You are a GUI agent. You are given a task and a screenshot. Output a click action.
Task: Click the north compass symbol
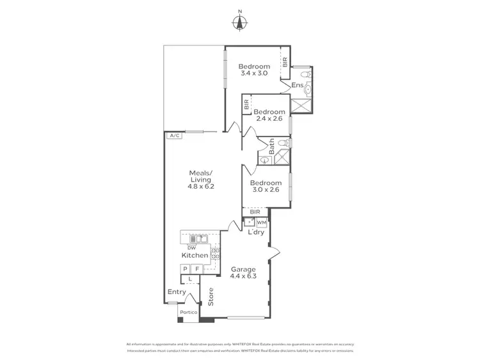(239, 22)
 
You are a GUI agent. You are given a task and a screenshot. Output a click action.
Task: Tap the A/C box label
(173, 136)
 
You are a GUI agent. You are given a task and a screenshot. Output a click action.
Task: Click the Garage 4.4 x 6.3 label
(243, 273)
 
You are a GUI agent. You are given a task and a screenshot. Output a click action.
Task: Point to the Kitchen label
(195, 255)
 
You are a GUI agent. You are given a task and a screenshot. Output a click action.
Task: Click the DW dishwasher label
(191, 247)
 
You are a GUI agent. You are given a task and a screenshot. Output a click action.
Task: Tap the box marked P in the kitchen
(186, 270)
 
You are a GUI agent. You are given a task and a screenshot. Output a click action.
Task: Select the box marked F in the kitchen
(197, 270)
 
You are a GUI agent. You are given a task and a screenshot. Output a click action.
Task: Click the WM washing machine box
(261, 223)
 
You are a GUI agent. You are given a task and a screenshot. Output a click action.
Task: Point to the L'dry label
(256, 232)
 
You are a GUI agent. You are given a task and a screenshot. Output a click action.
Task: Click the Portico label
(188, 312)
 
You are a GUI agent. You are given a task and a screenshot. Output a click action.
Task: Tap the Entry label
(177, 292)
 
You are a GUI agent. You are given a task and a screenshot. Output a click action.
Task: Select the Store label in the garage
(210, 297)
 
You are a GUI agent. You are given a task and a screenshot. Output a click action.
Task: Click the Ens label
(297, 85)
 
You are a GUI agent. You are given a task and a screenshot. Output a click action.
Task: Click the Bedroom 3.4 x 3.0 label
(253, 70)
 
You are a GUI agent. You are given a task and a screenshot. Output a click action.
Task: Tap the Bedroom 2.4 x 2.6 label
(268, 114)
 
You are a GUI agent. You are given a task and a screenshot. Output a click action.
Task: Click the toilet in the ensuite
(307, 75)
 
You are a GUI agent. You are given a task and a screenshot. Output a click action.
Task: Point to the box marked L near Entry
(190, 279)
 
